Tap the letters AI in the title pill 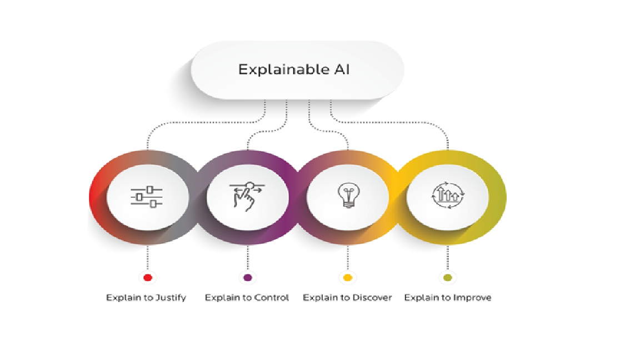click(342, 69)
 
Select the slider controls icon click(147, 197)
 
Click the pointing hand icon click(247, 196)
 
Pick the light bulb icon click(348, 195)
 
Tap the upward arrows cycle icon click(448, 195)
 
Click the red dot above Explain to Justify click(148, 278)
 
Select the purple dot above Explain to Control click(248, 278)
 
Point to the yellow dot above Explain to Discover click(348, 278)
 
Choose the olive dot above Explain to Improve click(448, 278)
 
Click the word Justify click(171, 298)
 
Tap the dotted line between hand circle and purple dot click(248, 258)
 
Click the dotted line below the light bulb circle click(348, 258)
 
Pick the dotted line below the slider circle click(148, 258)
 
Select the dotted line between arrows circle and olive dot click(448, 258)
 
